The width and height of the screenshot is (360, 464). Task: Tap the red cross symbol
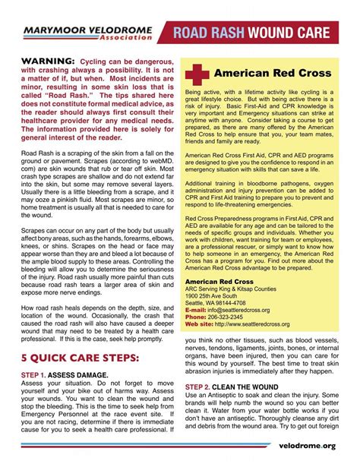click(x=199, y=74)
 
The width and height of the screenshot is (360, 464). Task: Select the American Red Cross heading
click(x=273, y=74)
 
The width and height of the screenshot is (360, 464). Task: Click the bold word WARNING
click(x=47, y=61)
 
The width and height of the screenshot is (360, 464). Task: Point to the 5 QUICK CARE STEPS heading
click(x=80, y=357)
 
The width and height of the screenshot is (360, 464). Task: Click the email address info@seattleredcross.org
click(x=248, y=289)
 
